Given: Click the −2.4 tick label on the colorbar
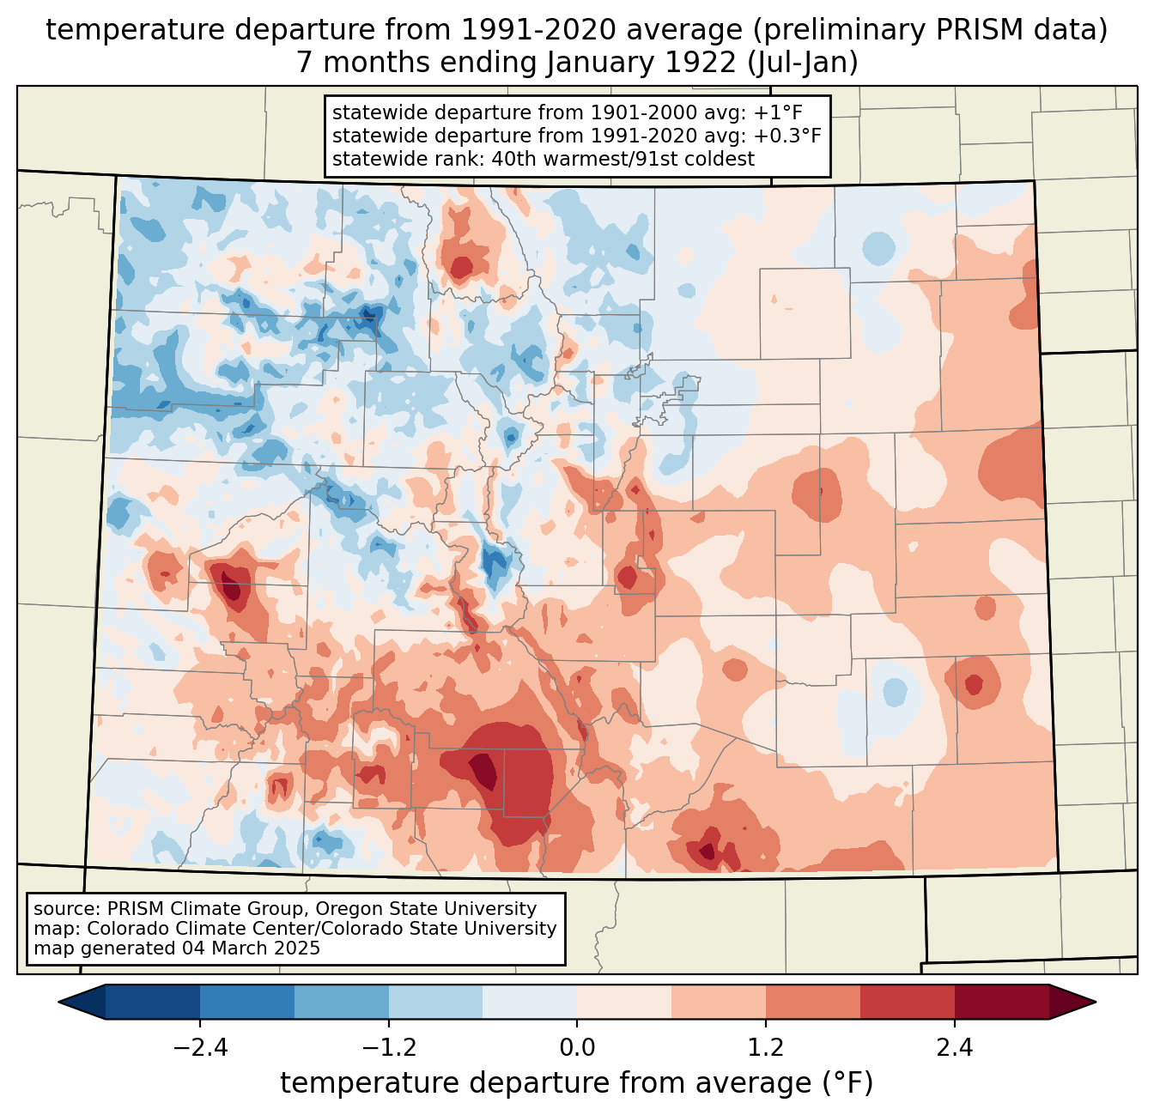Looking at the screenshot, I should point(200,1047).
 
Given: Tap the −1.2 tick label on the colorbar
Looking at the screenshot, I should point(389,1047).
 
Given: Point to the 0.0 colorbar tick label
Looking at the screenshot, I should point(577,1047).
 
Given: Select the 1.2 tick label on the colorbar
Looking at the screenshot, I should point(766,1047).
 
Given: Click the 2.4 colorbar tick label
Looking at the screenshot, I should point(954,1047).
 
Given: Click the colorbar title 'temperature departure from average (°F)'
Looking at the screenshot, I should point(576,1083).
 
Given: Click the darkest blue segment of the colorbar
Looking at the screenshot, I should point(153,1002).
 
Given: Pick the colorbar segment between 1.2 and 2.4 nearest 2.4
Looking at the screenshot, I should point(907,1002).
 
